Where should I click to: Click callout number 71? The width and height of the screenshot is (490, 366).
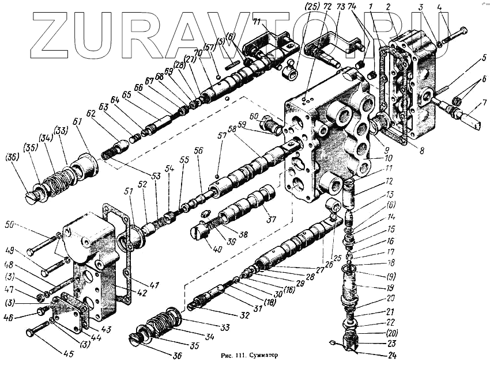pos(257,22)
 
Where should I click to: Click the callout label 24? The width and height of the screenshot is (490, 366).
pos(393,355)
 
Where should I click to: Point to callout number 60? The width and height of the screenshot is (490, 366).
pos(254,117)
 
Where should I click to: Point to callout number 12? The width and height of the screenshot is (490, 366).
pos(390,182)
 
